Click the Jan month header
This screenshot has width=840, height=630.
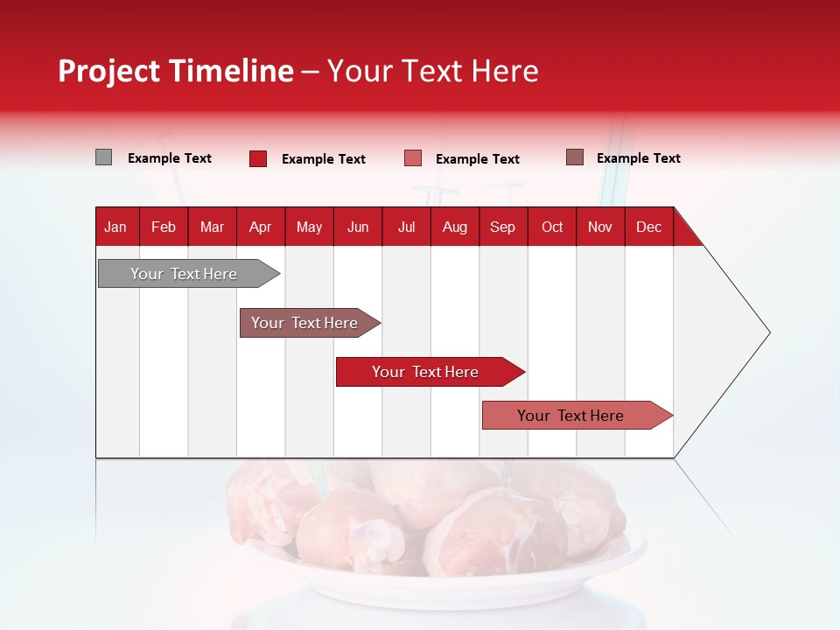click(x=115, y=227)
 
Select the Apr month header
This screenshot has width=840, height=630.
click(x=261, y=227)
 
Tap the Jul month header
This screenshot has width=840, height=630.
click(x=406, y=227)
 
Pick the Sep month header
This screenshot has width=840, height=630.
click(x=502, y=227)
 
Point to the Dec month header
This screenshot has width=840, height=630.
click(x=648, y=227)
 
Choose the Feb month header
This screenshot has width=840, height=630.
click(x=164, y=227)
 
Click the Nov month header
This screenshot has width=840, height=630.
click(x=600, y=227)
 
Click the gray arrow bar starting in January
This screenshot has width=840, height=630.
click(x=184, y=274)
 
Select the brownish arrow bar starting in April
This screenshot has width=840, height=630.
click(x=304, y=323)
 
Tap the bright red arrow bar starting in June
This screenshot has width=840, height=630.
click(x=425, y=372)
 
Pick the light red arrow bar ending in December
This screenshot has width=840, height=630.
click(x=570, y=416)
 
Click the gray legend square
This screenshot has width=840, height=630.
click(x=103, y=157)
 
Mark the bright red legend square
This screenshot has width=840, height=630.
click(x=258, y=158)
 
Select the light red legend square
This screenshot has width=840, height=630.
click(x=413, y=158)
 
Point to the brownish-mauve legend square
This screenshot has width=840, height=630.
click(x=574, y=157)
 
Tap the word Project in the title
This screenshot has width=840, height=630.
click(x=109, y=71)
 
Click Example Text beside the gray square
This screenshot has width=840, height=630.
click(x=170, y=158)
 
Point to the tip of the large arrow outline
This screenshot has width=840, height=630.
click(x=768, y=332)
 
